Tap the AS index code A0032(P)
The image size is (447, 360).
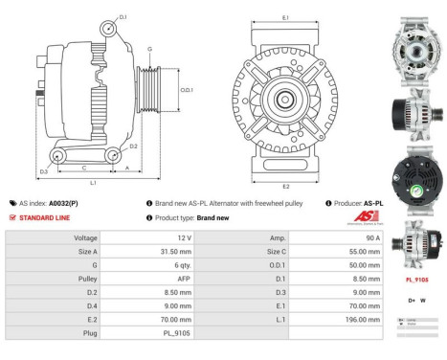[x=63, y=203]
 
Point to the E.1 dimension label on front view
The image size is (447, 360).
[x=286, y=17]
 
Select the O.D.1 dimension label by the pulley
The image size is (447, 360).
[x=187, y=90]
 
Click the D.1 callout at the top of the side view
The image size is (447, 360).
[x=123, y=16]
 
